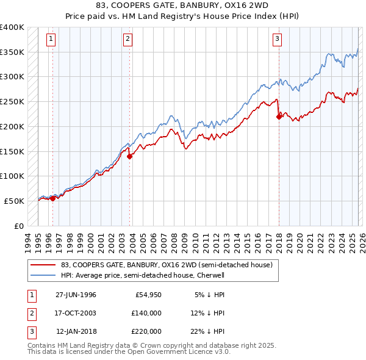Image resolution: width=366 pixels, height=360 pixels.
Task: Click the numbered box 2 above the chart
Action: coord(127,40)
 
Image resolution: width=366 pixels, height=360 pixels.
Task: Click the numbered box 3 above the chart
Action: coord(277,40)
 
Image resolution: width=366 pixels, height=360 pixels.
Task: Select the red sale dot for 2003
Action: coord(130,156)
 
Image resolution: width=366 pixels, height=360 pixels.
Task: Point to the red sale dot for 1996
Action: coord(52,198)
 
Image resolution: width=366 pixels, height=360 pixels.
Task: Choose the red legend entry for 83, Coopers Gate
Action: coord(170,265)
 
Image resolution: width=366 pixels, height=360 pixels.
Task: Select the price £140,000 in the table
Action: coord(146,313)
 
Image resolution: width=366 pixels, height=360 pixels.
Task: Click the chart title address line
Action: coord(183,5)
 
